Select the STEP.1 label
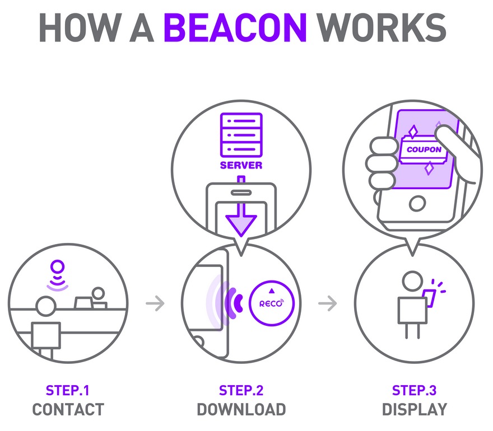tap(68, 390)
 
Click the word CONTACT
tap(68, 409)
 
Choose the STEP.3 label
tap(414, 390)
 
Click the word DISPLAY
tap(414, 409)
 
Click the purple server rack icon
tap(241, 134)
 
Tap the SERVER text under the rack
tap(241, 166)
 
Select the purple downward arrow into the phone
tap(241, 215)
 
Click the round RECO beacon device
tap(271, 302)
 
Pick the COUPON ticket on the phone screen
tap(424, 150)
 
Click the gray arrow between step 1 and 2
tap(155, 303)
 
